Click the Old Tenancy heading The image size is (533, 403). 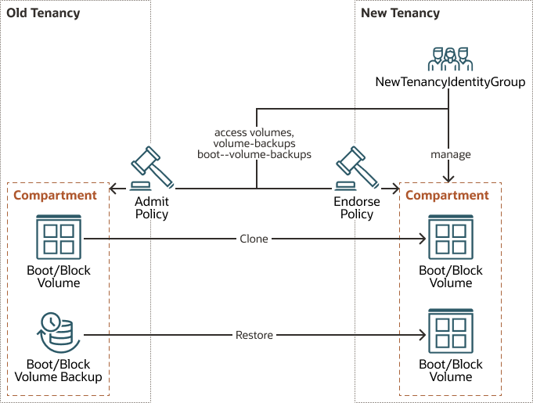(43, 13)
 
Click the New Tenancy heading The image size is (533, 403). (400, 13)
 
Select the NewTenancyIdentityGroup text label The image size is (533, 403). (450, 82)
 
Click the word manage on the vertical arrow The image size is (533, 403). (450, 154)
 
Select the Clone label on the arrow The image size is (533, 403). (254, 239)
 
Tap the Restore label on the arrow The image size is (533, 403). (254, 335)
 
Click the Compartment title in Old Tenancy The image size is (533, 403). (55, 195)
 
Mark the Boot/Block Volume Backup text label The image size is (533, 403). (59, 370)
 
